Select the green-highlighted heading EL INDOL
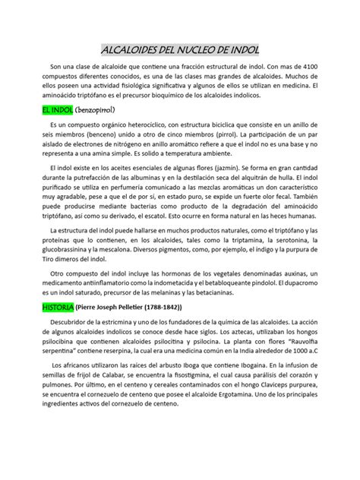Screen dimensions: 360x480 (56, 111)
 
